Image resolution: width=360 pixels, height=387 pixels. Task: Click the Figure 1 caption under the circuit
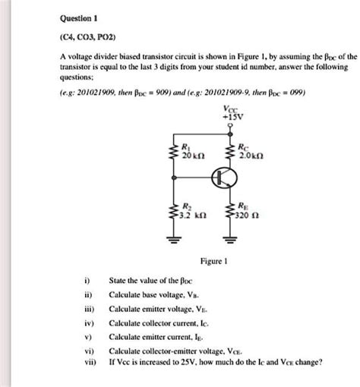coord(210,260)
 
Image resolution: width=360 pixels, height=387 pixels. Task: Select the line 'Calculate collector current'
coord(161,326)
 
